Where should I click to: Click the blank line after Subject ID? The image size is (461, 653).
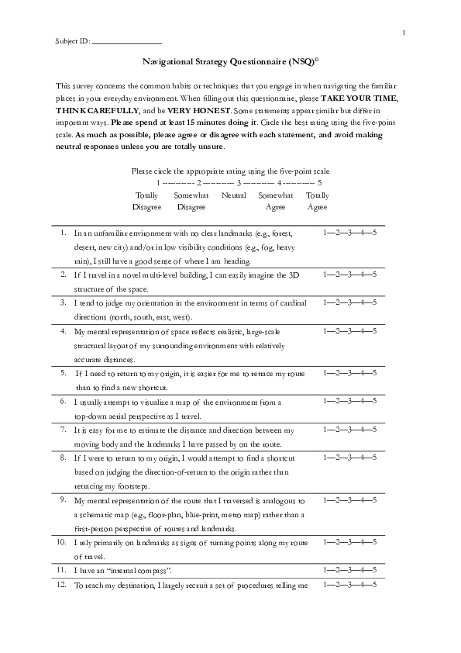[x=126, y=41]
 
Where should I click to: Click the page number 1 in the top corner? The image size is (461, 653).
[x=404, y=32]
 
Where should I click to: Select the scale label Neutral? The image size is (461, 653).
[x=233, y=195]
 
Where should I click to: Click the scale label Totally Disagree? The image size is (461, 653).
[x=146, y=201]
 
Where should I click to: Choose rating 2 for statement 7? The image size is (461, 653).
[x=336, y=429]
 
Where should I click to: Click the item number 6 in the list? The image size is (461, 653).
[x=63, y=401]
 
